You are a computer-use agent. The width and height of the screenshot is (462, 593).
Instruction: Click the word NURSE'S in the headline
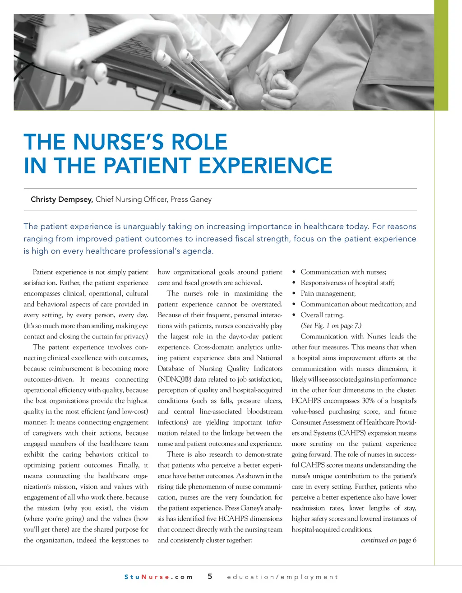coord(118,142)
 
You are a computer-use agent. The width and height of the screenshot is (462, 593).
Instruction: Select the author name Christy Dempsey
coord(62,199)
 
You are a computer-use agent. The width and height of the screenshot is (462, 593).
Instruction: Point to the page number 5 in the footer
coord(210,576)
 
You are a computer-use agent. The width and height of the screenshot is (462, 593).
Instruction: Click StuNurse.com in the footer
coord(158,577)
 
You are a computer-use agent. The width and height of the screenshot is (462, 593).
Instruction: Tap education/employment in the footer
coord(282,577)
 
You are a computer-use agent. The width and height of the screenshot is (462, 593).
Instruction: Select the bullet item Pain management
coord(328,293)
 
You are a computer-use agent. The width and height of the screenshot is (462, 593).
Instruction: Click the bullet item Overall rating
coord(322,315)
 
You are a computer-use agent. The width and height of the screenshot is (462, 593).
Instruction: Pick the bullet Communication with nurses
coord(343,272)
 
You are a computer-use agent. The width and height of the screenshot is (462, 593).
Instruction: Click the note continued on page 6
coord(388,540)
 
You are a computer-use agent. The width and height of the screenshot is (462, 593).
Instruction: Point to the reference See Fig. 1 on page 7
coord(331,326)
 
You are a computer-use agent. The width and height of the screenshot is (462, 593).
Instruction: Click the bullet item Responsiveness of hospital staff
coord(347,283)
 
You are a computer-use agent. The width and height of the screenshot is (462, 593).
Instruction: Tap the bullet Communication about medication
coord(358,304)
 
